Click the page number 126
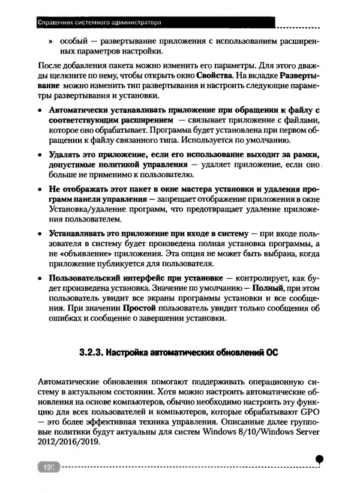pos(46,466)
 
